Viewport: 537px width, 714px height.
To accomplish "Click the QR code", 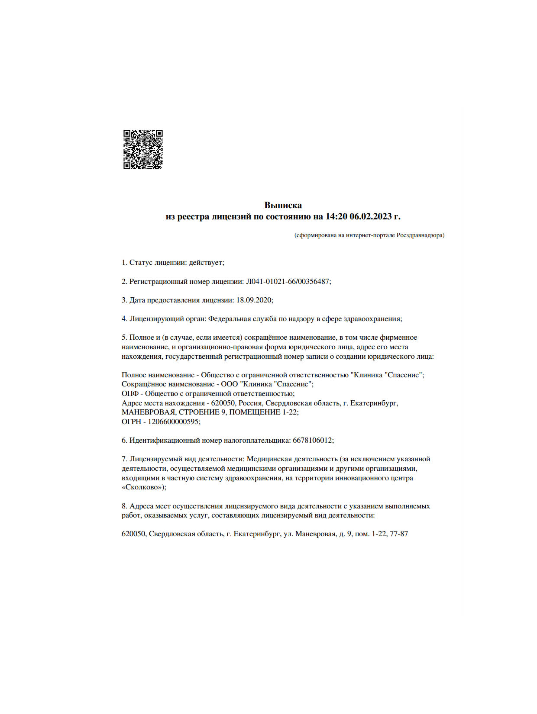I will (143, 149).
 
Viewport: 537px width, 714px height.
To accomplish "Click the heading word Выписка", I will (283, 205).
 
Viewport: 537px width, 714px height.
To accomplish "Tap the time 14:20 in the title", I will (336, 216).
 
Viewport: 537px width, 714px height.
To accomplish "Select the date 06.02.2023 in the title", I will (370, 216).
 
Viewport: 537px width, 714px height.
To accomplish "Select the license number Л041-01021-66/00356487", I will (288, 281).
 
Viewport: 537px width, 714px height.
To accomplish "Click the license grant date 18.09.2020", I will (254, 300).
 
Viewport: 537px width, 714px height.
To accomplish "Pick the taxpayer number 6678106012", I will (312, 441).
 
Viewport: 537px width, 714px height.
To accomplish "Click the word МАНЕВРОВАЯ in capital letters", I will (148, 412).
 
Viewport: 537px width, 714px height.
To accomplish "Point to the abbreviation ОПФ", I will (130, 393).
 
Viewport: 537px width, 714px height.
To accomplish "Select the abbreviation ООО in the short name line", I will (229, 384).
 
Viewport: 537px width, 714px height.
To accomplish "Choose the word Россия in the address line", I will (250, 403).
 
